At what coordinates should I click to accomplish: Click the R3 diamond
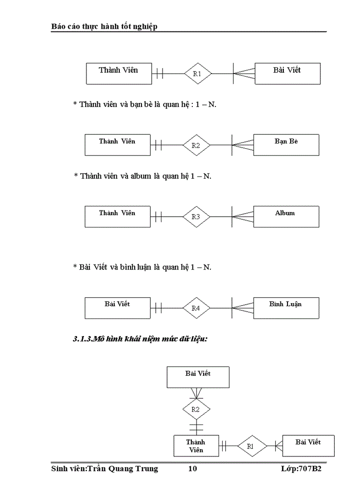(196, 217)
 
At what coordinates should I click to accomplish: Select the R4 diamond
(196, 308)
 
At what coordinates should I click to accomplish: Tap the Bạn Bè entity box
(286, 145)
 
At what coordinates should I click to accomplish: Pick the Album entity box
(286, 217)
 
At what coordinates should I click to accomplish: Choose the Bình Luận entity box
(286, 308)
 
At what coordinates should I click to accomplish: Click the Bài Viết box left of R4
(118, 308)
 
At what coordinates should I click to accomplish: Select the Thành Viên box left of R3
(118, 217)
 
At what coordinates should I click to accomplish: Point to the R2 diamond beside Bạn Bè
(196, 145)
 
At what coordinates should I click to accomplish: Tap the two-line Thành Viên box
(195, 446)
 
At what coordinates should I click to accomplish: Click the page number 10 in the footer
(192, 469)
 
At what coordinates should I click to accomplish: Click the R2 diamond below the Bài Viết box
(196, 410)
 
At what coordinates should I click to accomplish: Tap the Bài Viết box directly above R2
(198, 377)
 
